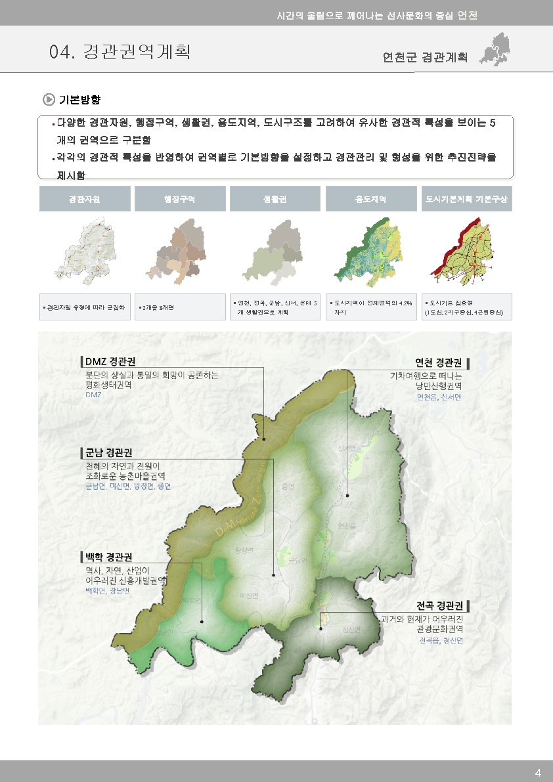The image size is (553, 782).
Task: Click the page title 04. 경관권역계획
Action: point(120,51)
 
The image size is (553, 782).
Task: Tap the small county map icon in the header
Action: point(496,49)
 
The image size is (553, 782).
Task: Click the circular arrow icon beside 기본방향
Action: point(49,100)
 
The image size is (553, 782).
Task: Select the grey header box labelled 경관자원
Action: point(85,198)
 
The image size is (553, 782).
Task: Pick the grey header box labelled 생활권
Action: point(275,198)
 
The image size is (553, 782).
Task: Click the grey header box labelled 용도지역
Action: point(370,198)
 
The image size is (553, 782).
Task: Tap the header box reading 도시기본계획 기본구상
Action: point(466,198)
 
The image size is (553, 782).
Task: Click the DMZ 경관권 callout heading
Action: point(110,362)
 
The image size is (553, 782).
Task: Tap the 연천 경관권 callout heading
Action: point(440,362)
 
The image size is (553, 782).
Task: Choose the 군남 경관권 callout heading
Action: point(108,453)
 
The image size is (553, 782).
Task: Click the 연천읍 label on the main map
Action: point(346,525)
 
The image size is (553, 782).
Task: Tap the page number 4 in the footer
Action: point(538,772)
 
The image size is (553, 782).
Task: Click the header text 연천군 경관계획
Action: point(425,57)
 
